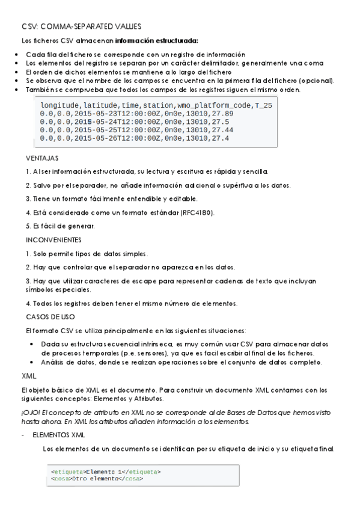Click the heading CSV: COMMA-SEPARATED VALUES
click(81, 27)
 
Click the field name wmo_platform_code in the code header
click(215, 105)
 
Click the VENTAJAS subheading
click(42, 158)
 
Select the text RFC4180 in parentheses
click(198, 212)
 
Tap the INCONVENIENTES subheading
click(53, 239)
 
